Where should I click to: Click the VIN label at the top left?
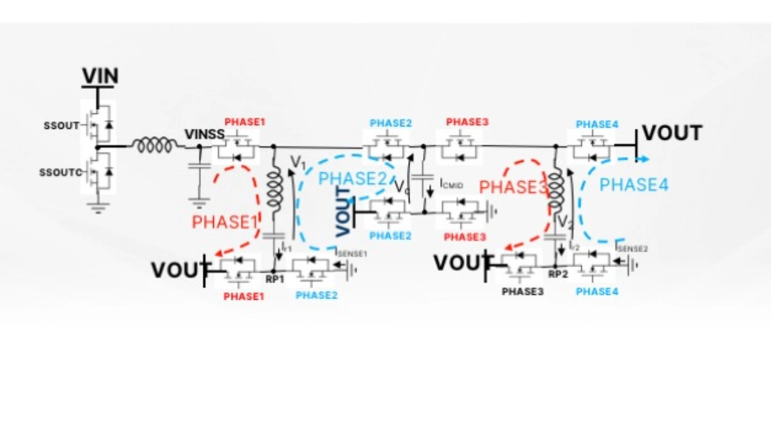(x=100, y=76)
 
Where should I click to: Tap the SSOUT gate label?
(x=61, y=126)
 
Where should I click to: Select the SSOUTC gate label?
(x=60, y=173)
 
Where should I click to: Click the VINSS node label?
(x=204, y=134)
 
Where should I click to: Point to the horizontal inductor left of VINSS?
(x=155, y=146)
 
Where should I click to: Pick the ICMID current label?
(x=452, y=184)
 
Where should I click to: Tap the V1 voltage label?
(x=298, y=162)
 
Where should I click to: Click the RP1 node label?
(x=275, y=279)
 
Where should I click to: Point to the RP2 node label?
(x=558, y=274)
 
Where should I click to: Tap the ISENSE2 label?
(x=631, y=247)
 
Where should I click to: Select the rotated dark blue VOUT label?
(x=343, y=212)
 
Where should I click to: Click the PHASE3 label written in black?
(x=523, y=291)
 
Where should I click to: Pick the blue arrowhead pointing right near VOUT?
(x=645, y=159)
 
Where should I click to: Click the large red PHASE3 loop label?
(x=513, y=187)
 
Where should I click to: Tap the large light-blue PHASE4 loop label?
(x=634, y=184)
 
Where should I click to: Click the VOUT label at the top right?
(x=672, y=133)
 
